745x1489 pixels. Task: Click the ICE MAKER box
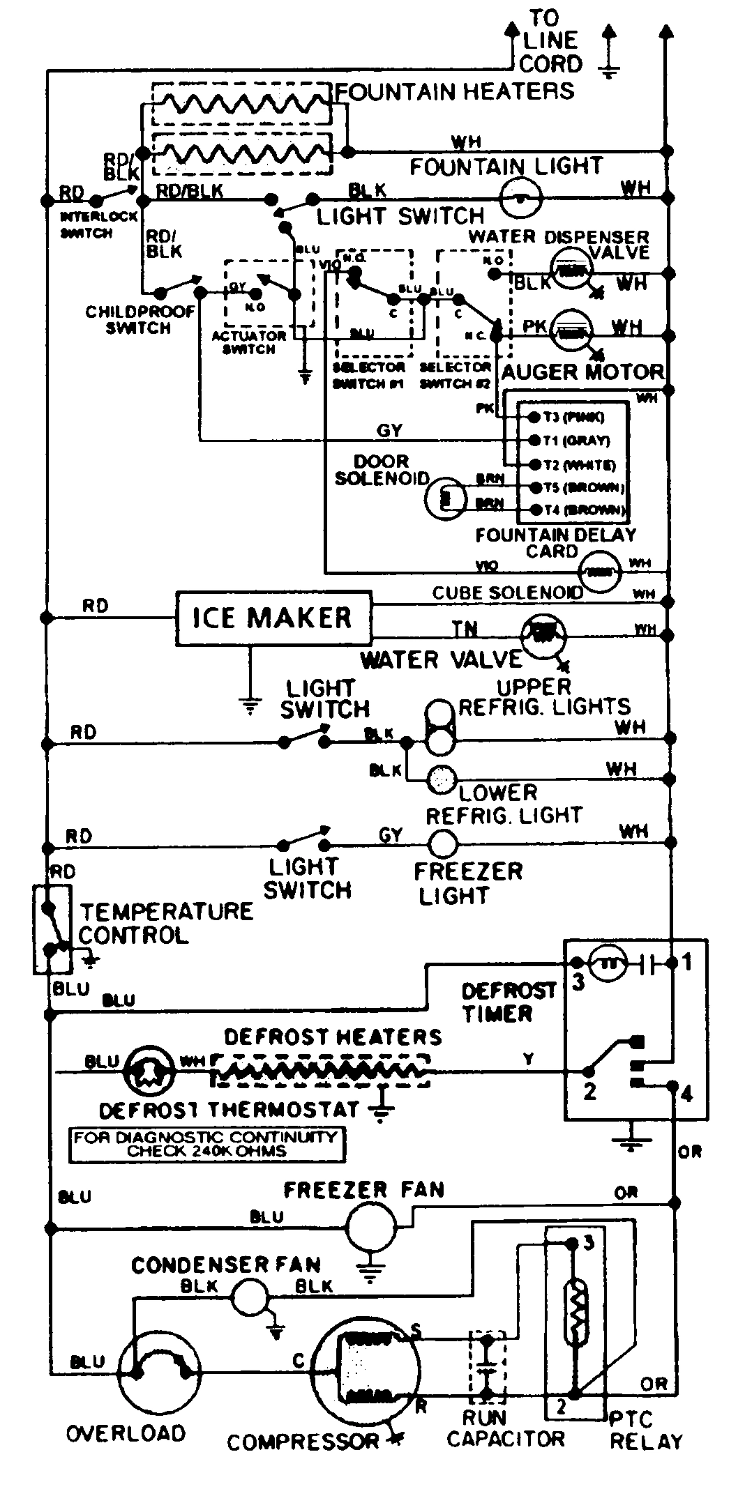tap(273, 618)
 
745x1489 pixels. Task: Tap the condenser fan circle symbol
tap(249, 1297)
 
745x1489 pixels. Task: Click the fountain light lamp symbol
tap(521, 197)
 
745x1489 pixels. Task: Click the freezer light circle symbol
tap(442, 844)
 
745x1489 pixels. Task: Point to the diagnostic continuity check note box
tap(207, 1145)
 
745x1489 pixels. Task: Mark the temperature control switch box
tap(52, 929)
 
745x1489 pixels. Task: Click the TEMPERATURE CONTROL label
tap(166, 923)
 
